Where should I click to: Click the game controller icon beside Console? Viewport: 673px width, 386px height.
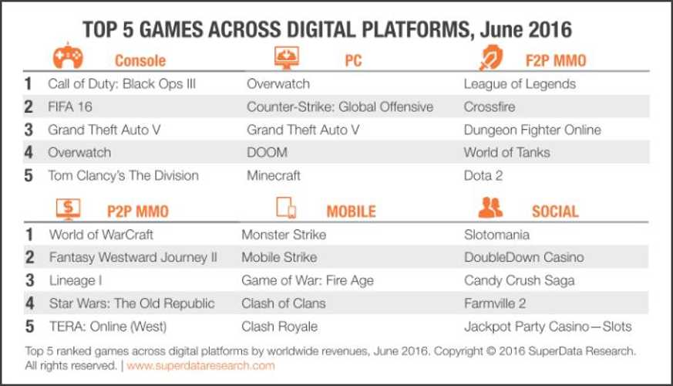click(68, 56)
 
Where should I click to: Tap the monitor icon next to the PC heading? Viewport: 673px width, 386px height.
click(287, 58)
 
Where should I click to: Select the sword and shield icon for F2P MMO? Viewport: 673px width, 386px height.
click(491, 57)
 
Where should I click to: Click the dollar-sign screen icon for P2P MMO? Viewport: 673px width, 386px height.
click(69, 209)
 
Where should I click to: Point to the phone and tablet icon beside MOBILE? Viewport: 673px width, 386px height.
click(286, 208)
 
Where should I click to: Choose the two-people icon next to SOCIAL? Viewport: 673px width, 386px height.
click(490, 207)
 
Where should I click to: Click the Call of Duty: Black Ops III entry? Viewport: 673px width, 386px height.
click(122, 84)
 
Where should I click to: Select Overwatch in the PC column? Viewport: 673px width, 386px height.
click(278, 84)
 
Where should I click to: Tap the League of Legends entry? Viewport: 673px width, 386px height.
click(520, 84)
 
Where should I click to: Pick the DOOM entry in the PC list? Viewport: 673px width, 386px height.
click(267, 153)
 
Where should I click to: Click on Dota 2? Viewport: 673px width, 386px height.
click(483, 175)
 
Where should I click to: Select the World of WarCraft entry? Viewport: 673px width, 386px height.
click(101, 235)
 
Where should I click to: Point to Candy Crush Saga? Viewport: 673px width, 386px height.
click(520, 281)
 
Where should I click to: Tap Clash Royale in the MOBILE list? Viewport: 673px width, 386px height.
click(279, 327)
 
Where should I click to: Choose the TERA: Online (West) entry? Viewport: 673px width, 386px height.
click(108, 327)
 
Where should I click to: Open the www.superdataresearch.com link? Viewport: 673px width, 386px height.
click(201, 366)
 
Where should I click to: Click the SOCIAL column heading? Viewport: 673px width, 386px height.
click(555, 211)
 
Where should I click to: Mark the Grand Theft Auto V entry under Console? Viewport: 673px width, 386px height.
click(104, 130)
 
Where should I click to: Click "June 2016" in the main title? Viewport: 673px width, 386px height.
click(526, 29)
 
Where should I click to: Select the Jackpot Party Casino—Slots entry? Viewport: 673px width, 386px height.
click(547, 327)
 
